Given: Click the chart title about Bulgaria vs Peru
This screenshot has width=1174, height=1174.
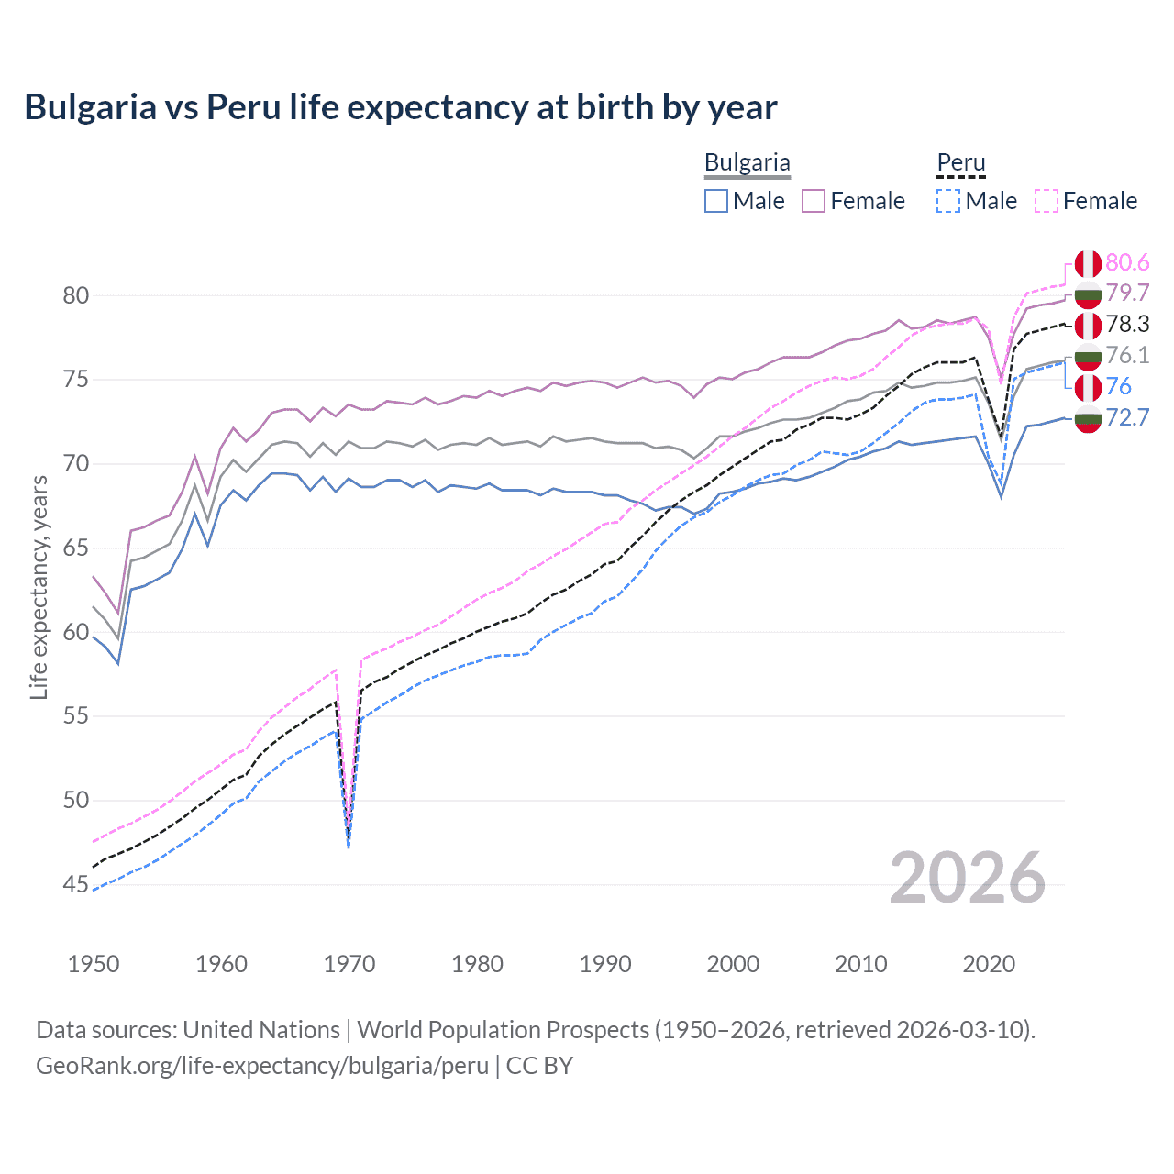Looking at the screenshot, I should [400, 107].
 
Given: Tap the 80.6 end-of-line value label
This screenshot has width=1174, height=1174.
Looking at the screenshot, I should [1127, 263].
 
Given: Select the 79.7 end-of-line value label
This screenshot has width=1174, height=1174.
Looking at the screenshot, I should [1127, 293].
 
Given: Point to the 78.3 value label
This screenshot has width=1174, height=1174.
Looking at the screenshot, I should [1127, 325].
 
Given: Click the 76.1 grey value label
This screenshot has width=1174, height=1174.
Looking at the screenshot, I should [1127, 356].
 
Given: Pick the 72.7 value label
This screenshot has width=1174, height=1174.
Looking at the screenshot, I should [1127, 418].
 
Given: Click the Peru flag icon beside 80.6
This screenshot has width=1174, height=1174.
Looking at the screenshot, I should [1088, 264].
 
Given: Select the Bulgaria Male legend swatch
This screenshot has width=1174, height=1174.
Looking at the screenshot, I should [716, 201].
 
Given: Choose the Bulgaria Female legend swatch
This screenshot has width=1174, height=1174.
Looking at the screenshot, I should [814, 201].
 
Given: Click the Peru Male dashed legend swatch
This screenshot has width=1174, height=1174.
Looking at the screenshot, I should [948, 201].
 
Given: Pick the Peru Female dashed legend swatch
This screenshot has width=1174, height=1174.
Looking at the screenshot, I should [1047, 201].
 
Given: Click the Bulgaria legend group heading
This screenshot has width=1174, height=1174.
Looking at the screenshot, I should [747, 163].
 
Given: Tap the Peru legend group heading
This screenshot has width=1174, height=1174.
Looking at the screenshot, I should [960, 163].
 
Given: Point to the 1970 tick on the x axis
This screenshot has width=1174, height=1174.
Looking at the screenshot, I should [349, 964].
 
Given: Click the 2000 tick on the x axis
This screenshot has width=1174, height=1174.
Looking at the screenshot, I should [733, 964].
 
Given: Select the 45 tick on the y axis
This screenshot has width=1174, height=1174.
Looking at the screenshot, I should [76, 885].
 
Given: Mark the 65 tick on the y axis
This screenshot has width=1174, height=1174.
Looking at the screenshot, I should [76, 548].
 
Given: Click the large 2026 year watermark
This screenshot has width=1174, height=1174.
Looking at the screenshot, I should [967, 878].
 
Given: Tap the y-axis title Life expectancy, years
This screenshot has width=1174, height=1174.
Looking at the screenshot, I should [39, 587].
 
